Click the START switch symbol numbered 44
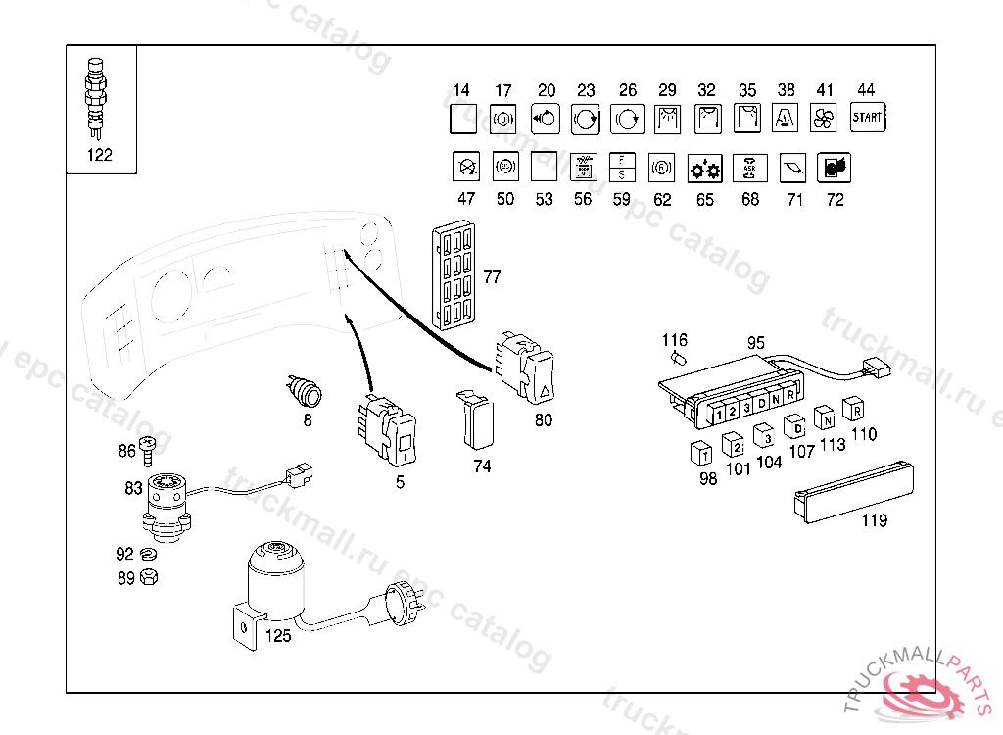coord(867,117)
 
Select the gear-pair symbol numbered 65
coord(704,169)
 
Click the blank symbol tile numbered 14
coord(461,120)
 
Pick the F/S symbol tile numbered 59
coord(621,168)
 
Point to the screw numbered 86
coord(149,449)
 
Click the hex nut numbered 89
coord(149,577)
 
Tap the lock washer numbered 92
coord(149,555)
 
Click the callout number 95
coord(755,343)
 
